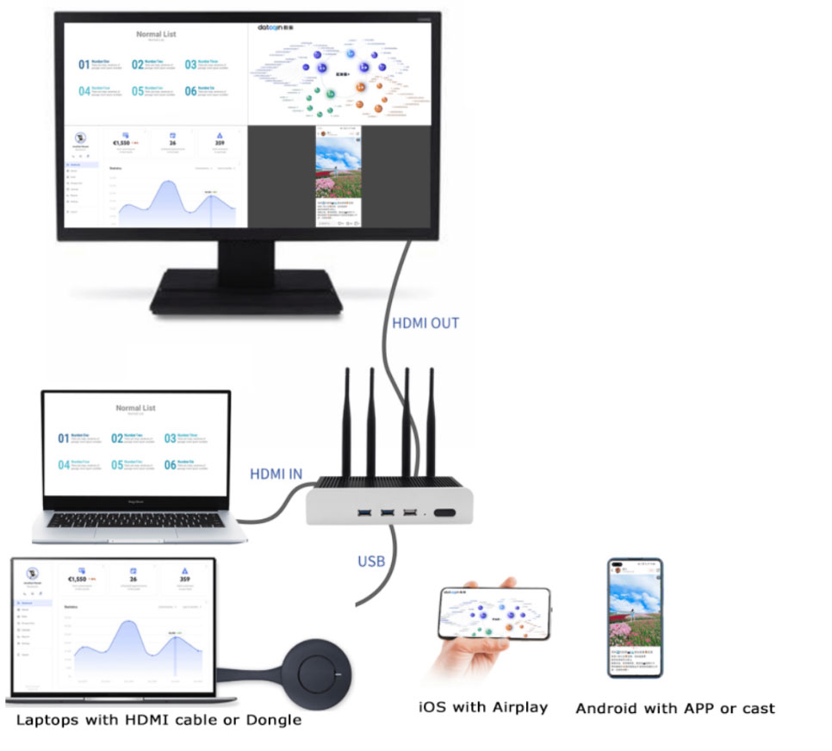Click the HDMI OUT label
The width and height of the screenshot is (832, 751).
tap(425, 324)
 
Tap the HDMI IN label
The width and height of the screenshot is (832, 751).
tap(276, 474)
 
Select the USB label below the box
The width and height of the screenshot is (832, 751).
tap(371, 562)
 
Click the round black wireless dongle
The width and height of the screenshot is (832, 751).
tap(315, 668)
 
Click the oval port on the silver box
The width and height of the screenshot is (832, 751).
tap(445, 514)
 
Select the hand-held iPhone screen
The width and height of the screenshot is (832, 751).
tap(494, 615)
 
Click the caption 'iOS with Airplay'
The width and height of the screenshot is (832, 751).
tap(483, 707)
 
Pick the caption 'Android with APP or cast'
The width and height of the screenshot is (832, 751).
tap(674, 709)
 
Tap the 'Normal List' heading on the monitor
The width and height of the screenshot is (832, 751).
tap(156, 34)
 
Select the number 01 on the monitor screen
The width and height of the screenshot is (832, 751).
tap(84, 65)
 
